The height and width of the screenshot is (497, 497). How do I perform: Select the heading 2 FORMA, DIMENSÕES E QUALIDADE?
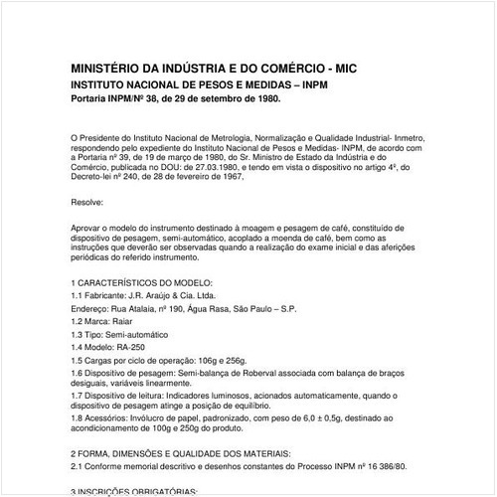pyautogui.click(x=180, y=452)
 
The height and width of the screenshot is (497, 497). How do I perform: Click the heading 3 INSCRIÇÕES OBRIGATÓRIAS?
pyautogui.click(x=141, y=491)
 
